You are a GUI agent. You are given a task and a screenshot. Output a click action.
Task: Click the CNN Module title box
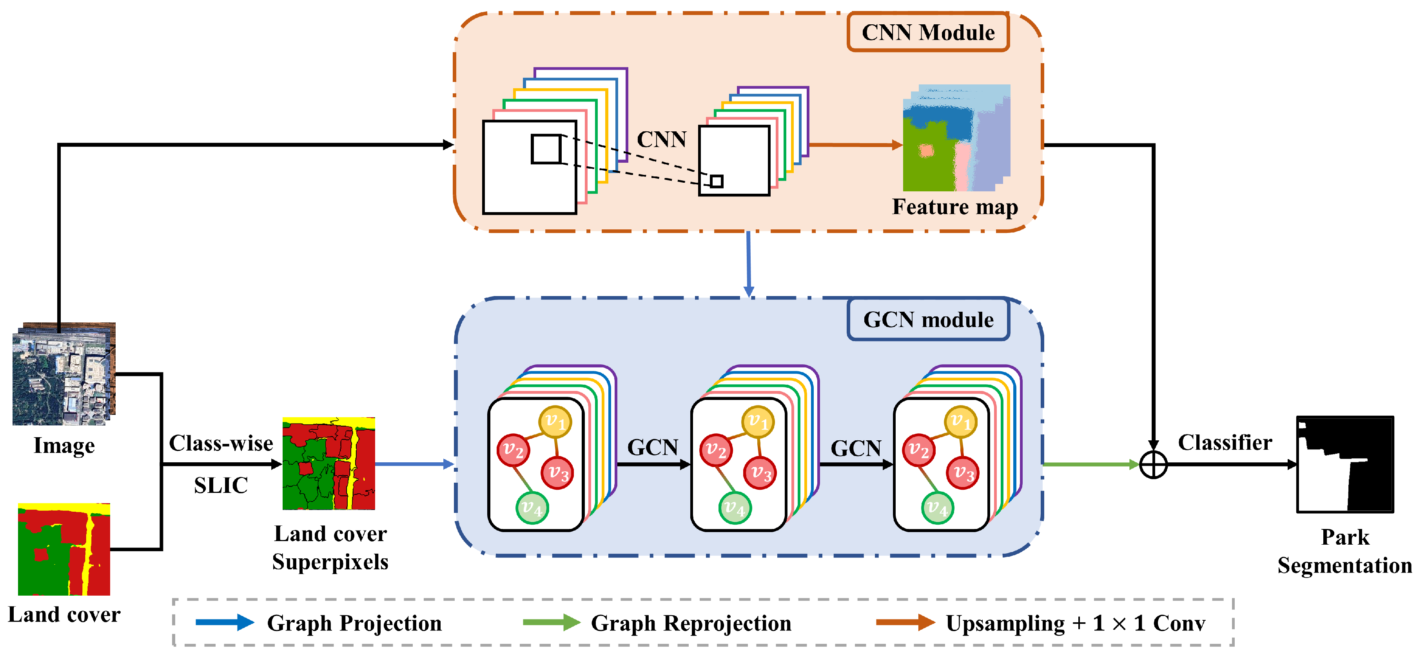tap(928, 33)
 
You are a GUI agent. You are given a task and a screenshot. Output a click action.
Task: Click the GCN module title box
tap(928, 320)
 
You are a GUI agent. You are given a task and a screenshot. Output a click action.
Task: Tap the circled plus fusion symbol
tap(1153, 465)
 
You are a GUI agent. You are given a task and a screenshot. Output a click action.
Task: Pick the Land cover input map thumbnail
tap(64, 549)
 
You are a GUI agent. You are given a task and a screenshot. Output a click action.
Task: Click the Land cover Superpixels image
tap(328, 464)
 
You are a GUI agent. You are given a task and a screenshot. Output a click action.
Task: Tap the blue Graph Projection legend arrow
tap(225, 622)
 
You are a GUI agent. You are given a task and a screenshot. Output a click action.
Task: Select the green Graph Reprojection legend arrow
tap(551, 622)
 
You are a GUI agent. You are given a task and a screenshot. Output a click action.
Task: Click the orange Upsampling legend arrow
tap(905, 622)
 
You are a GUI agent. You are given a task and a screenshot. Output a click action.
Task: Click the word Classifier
tap(1225, 442)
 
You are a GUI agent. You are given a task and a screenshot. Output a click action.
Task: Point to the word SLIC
tap(221, 485)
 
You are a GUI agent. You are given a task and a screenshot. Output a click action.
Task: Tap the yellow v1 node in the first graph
tap(555, 422)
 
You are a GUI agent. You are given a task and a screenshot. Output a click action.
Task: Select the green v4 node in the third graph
tap(937, 507)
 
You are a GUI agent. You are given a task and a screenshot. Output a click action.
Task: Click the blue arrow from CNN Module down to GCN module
tap(748, 264)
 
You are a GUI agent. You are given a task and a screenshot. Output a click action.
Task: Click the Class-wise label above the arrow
tap(221, 443)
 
